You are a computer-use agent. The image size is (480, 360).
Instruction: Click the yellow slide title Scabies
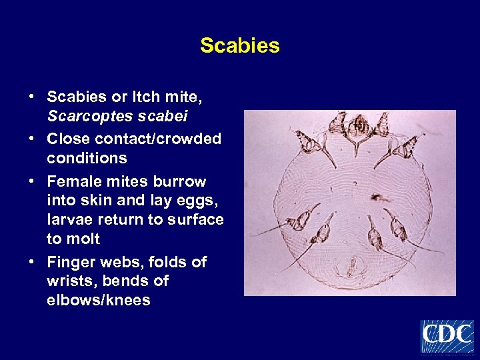point(240,46)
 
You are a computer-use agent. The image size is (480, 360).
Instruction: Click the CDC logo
point(447,335)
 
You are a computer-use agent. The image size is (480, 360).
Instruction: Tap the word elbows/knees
point(99,301)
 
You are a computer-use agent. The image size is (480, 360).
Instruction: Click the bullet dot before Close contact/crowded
point(32,139)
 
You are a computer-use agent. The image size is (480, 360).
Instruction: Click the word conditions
point(87,158)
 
